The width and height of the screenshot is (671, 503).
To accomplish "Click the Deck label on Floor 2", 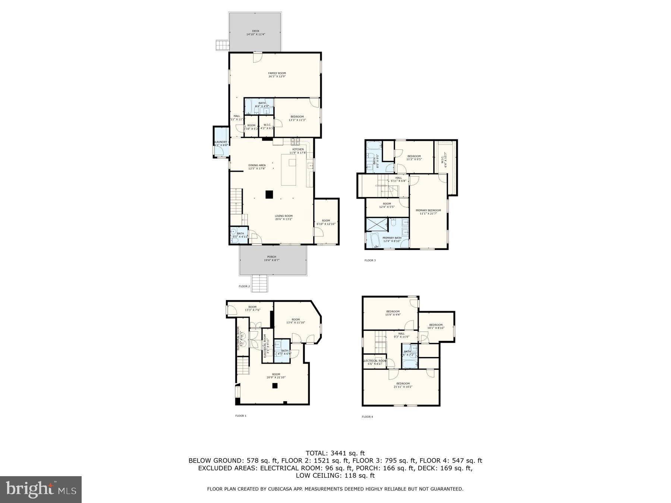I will click(x=255, y=32).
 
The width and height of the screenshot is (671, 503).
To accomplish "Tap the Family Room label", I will click(x=277, y=75).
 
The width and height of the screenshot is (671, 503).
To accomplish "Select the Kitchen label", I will click(x=297, y=151).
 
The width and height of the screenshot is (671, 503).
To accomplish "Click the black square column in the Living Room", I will click(x=269, y=194).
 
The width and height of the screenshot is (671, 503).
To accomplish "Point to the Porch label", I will click(x=272, y=258).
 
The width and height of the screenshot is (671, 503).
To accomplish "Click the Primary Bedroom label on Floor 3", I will click(x=428, y=212).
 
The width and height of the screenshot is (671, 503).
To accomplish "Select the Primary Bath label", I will click(x=392, y=239).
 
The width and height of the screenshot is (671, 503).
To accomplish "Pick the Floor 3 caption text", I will click(x=370, y=260).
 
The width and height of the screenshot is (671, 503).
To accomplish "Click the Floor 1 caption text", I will click(x=240, y=415).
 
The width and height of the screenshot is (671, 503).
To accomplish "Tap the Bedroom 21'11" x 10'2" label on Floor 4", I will click(x=403, y=385).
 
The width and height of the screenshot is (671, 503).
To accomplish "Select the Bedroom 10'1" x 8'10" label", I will click(x=435, y=326).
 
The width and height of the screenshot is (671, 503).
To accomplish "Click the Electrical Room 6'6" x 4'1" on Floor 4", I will click(x=375, y=362).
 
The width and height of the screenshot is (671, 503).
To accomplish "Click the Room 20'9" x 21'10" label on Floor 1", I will click(x=276, y=376).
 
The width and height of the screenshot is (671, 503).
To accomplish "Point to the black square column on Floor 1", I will click(x=275, y=386).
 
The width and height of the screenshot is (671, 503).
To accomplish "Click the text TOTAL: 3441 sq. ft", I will click(x=335, y=453).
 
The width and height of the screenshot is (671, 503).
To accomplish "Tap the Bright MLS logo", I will click(x=41, y=489).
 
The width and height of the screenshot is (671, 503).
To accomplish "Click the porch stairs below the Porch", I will click(x=260, y=283).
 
